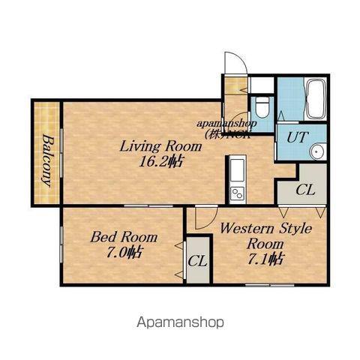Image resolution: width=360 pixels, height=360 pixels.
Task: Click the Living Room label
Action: point(160,146)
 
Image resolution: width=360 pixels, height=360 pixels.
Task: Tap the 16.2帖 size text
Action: point(160,162)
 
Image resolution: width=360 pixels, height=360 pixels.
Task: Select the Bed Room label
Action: point(124,237)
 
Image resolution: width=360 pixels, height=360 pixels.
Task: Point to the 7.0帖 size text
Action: point(124,252)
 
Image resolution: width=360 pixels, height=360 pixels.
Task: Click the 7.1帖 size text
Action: point(265,259)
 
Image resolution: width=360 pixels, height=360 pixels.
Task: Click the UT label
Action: point(297,137)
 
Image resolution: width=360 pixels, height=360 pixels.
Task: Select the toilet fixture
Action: point(262,107)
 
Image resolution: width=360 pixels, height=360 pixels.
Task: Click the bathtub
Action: point(316,99)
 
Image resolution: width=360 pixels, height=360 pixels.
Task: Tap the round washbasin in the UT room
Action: point(317,151)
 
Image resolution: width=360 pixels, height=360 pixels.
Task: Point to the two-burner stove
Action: point(237,193)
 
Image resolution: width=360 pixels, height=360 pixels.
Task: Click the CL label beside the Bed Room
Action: point(197,261)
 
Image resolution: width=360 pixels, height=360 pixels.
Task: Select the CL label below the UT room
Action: point(305,190)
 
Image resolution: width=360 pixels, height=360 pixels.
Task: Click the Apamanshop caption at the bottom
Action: point(180,322)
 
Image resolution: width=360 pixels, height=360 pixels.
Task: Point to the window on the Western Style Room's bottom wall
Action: point(270,285)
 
